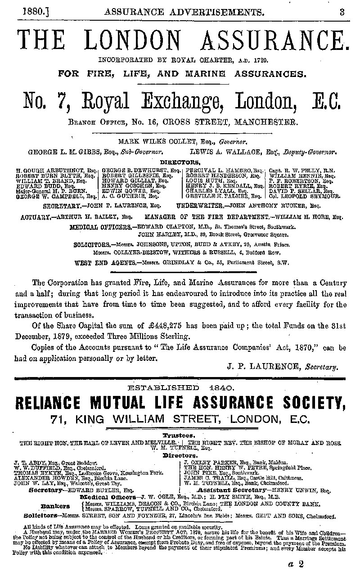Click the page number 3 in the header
tap(342, 13)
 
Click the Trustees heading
tap(179, 436)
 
